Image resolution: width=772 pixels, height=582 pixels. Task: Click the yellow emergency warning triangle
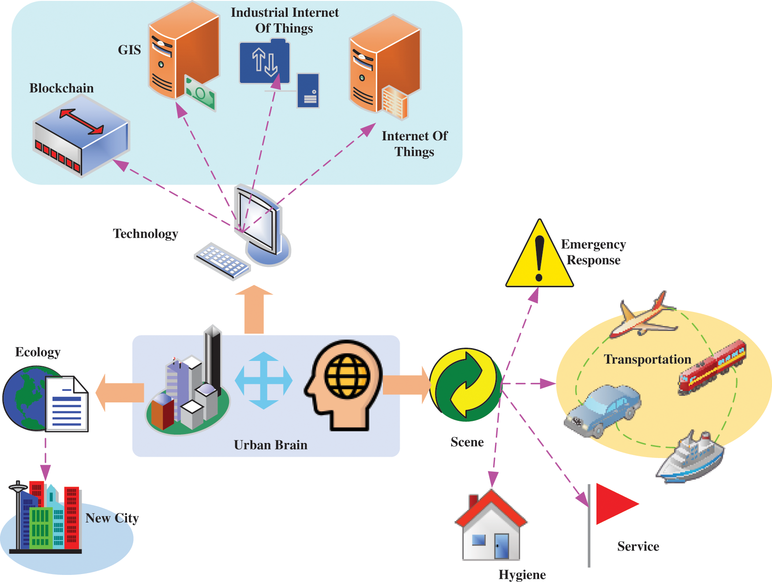coord(539,258)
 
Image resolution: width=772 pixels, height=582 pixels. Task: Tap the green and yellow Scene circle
coord(465,384)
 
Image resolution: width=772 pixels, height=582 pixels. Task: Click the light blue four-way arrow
coord(263,380)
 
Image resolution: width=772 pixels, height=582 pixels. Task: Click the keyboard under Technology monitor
coord(222,261)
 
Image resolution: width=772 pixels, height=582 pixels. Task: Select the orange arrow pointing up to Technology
coord(254,309)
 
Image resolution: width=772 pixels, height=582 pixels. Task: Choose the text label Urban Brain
coord(270,445)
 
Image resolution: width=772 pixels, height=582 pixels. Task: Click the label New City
coord(112,518)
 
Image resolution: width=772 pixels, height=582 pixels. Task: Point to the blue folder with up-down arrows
coord(264,62)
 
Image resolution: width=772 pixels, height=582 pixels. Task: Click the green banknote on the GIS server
coord(200,93)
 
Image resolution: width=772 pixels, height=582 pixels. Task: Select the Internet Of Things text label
coord(414,143)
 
